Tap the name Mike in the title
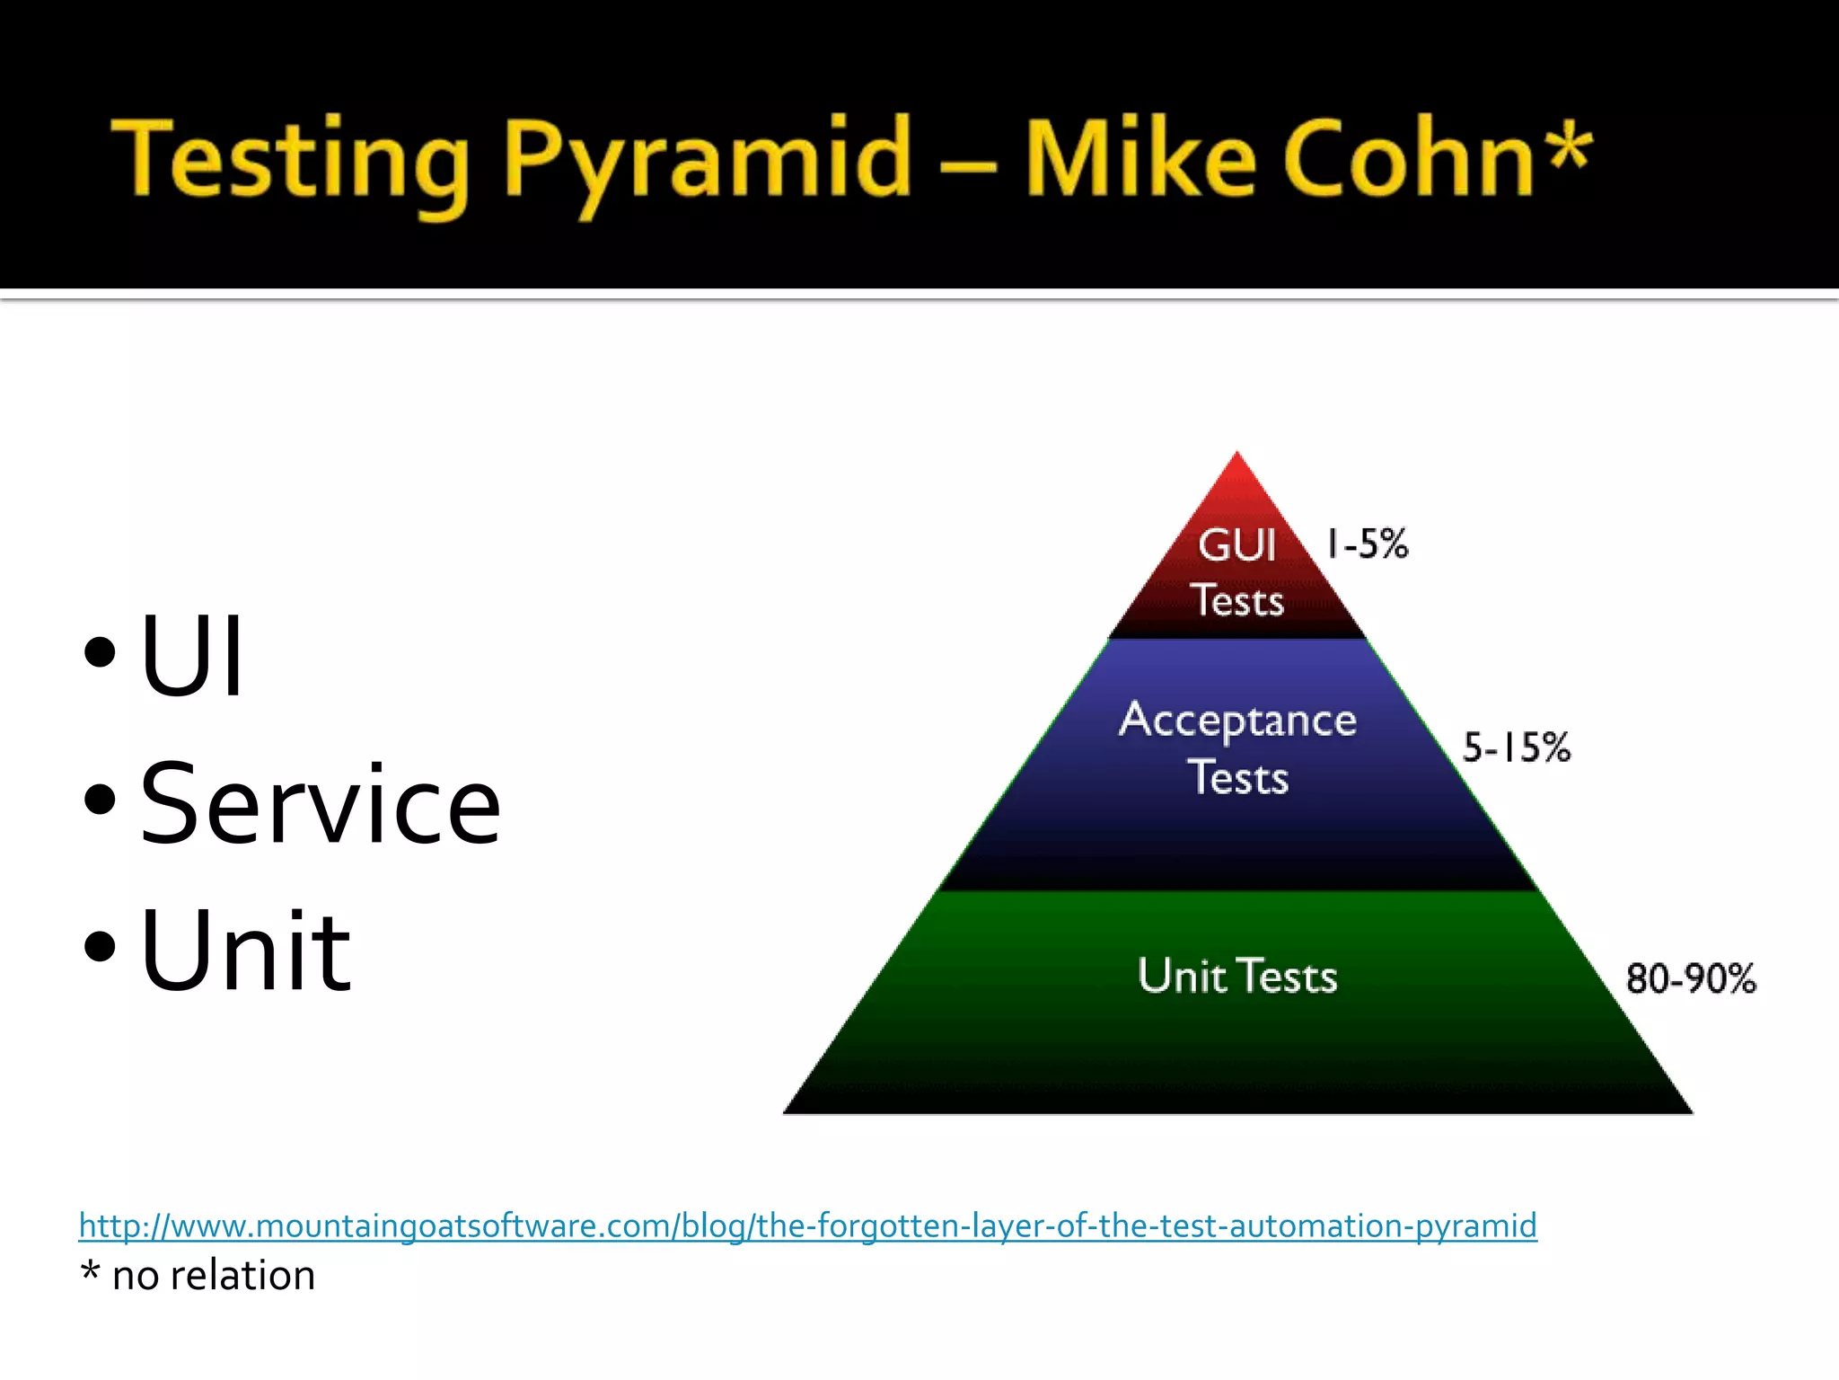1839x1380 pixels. click(x=1140, y=160)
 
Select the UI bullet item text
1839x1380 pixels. click(x=191, y=655)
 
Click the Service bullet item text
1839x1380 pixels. click(x=320, y=803)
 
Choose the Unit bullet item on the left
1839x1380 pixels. click(x=245, y=951)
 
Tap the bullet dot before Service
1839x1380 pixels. click(x=100, y=799)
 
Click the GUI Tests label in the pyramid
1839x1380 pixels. click(x=1237, y=572)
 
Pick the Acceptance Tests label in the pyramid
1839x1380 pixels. click(x=1237, y=747)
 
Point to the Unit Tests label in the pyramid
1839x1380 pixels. click(x=1237, y=976)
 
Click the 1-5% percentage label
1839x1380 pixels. click(x=1368, y=544)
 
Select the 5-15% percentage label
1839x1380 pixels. click(x=1517, y=747)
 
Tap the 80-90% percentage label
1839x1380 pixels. click(x=1691, y=978)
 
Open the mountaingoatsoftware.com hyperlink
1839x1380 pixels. click(x=807, y=1225)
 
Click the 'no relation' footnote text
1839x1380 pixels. click(x=214, y=1276)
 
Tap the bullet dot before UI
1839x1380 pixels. click(x=100, y=652)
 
